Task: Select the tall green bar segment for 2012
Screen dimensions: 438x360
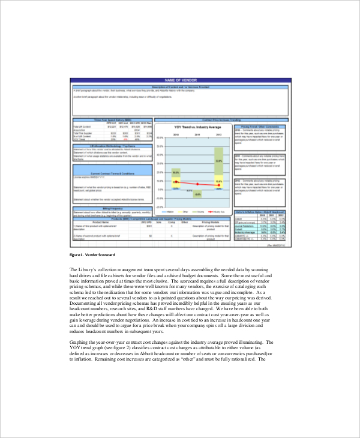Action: [219, 161]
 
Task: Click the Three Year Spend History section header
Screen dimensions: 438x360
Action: [112, 121]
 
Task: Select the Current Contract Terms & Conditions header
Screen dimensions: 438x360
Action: [112, 173]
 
